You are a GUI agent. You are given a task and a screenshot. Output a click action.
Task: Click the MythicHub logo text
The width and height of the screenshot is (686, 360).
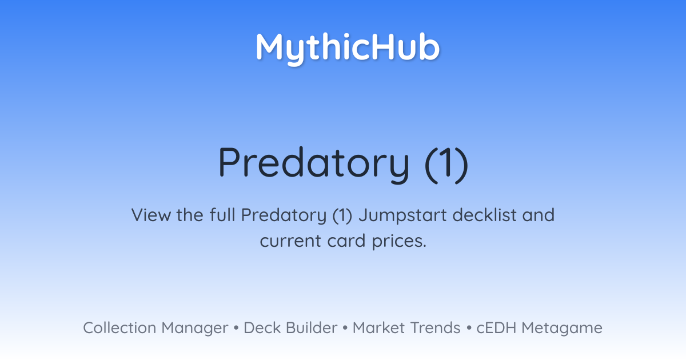[x=348, y=49]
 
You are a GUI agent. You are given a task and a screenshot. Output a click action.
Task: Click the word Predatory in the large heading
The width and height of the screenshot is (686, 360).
[x=314, y=165]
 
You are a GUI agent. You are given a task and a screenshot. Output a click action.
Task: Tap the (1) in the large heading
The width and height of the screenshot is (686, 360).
[x=447, y=165]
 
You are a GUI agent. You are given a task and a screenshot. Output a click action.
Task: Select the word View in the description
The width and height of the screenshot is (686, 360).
[x=151, y=215]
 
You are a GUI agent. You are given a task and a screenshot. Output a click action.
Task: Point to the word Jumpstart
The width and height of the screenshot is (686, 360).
[x=402, y=216]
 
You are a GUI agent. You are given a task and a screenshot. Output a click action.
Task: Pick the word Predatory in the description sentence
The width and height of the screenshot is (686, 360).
[x=284, y=216]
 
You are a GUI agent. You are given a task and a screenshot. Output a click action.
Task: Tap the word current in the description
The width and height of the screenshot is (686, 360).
[x=290, y=241]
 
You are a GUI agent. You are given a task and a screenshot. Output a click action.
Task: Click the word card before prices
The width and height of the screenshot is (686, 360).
[x=346, y=241]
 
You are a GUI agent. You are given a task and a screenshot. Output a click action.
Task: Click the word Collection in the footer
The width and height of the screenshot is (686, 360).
[x=119, y=327]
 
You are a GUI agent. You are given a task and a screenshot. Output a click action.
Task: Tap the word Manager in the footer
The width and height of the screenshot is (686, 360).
[x=195, y=329]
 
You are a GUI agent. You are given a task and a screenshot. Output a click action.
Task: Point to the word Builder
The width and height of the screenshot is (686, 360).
[x=312, y=327]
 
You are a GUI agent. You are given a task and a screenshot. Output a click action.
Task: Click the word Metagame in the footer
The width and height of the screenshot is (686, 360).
[x=562, y=329]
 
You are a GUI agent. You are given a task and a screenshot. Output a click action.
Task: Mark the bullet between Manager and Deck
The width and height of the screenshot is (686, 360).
[x=236, y=328]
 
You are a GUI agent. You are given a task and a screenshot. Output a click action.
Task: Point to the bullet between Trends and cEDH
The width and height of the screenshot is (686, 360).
[x=469, y=328]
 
